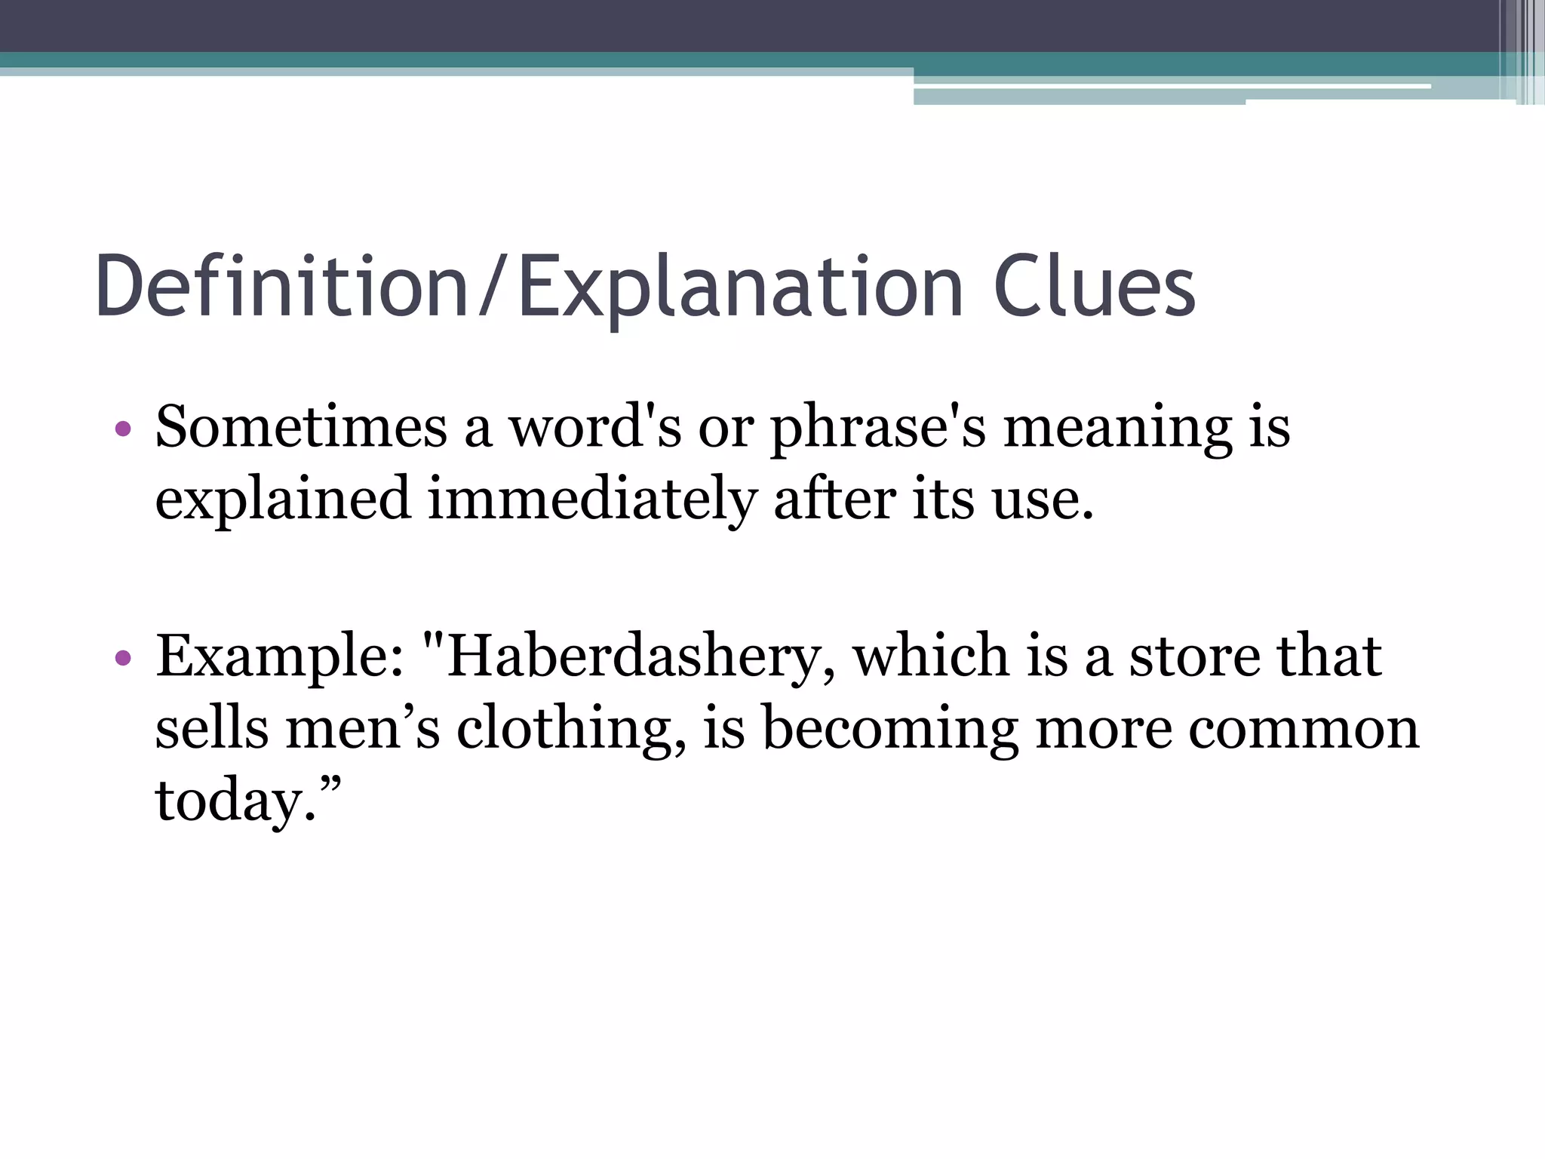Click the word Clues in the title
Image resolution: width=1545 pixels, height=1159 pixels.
coord(1094,287)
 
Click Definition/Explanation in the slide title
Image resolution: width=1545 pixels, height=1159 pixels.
coord(528,287)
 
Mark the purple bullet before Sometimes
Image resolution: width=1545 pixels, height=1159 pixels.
coord(123,430)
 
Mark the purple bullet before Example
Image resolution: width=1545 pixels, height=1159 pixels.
coord(123,659)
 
